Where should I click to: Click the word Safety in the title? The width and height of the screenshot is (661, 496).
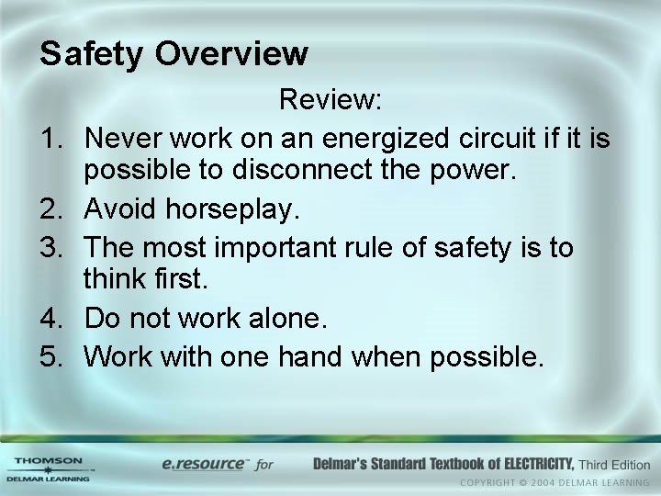coord(93,54)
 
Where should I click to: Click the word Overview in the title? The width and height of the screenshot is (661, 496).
coord(231,53)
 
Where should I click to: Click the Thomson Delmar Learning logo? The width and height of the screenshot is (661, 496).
coord(48,468)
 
